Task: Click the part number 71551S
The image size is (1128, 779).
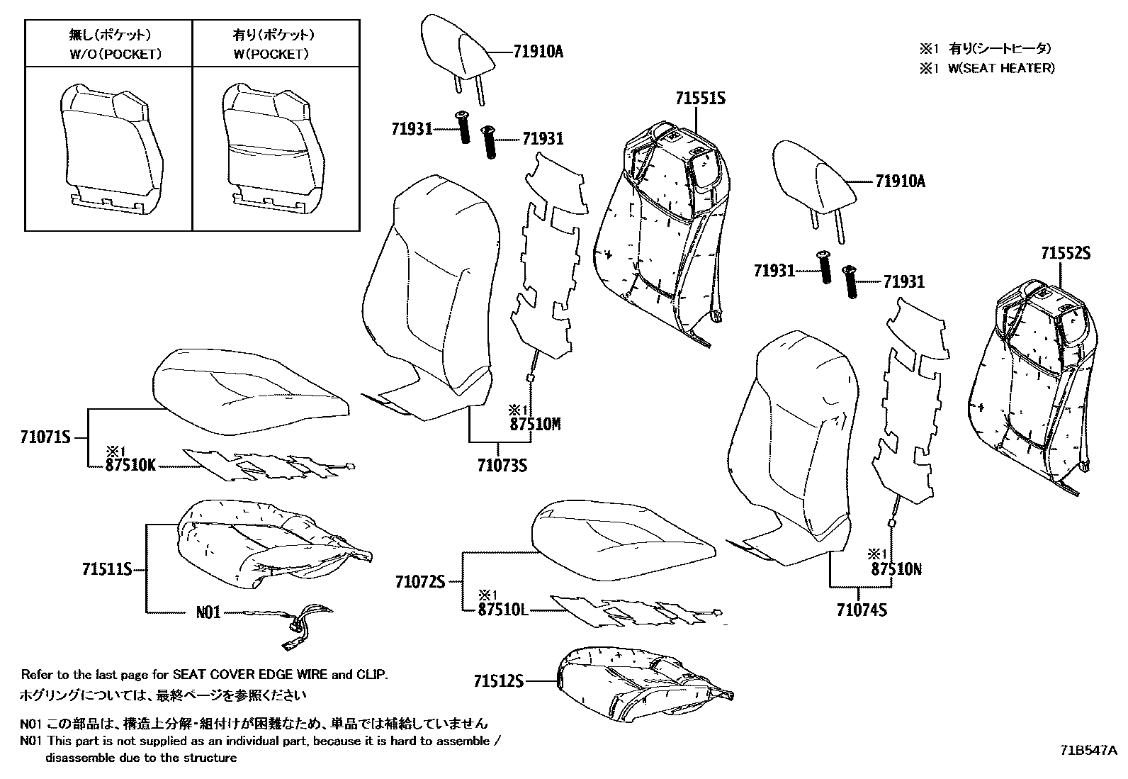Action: (700, 99)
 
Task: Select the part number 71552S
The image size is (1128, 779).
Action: (1065, 254)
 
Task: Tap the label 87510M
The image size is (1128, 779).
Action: (535, 425)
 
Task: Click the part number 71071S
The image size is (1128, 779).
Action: (45, 438)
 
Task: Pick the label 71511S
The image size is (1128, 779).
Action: (107, 569)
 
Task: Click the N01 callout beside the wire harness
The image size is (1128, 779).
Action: (208, 612)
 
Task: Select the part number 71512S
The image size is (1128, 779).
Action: (498, 681)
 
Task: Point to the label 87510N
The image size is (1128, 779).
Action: (896, 569)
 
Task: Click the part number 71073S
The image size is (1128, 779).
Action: (502, 465)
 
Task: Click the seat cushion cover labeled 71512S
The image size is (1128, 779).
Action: (641, 684)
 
